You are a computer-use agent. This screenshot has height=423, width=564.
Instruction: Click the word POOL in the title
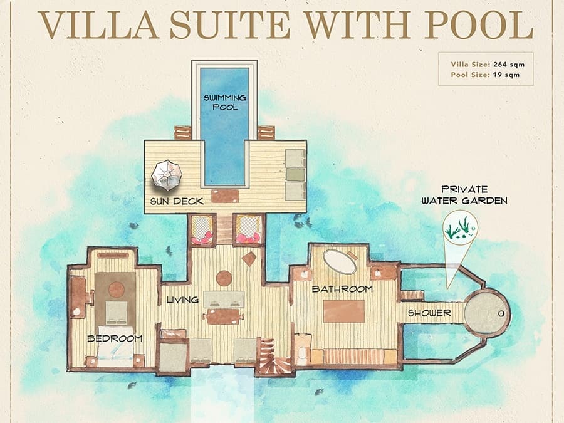pos(479,24)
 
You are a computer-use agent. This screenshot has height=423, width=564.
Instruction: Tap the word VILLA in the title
pos(98,24)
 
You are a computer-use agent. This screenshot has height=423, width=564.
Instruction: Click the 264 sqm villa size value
pos(509,65)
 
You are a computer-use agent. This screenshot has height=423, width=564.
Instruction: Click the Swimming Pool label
pos(225,103)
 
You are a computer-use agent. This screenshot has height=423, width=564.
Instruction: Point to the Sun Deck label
pos(177,201)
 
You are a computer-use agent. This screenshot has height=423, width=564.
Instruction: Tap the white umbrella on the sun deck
pos(167,175)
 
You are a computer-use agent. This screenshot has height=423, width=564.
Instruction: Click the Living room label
pos(182,300)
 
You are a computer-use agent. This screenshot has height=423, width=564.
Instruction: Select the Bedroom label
pos(115,338)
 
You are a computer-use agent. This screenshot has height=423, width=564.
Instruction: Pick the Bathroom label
pos(342,289)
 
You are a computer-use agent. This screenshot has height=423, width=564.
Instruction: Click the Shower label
pos(429,313)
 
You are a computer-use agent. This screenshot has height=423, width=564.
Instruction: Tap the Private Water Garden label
pos(464,195)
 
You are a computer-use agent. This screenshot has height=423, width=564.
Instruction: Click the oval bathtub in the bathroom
pos(340,261)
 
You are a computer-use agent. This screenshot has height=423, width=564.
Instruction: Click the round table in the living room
pos(224,278)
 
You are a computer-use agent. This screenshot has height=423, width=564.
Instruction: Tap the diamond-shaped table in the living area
pos(249,259)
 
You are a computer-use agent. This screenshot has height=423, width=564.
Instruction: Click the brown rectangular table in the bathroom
pos(344,311)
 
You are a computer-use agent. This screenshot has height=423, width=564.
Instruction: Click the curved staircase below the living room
pos(273,356)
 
